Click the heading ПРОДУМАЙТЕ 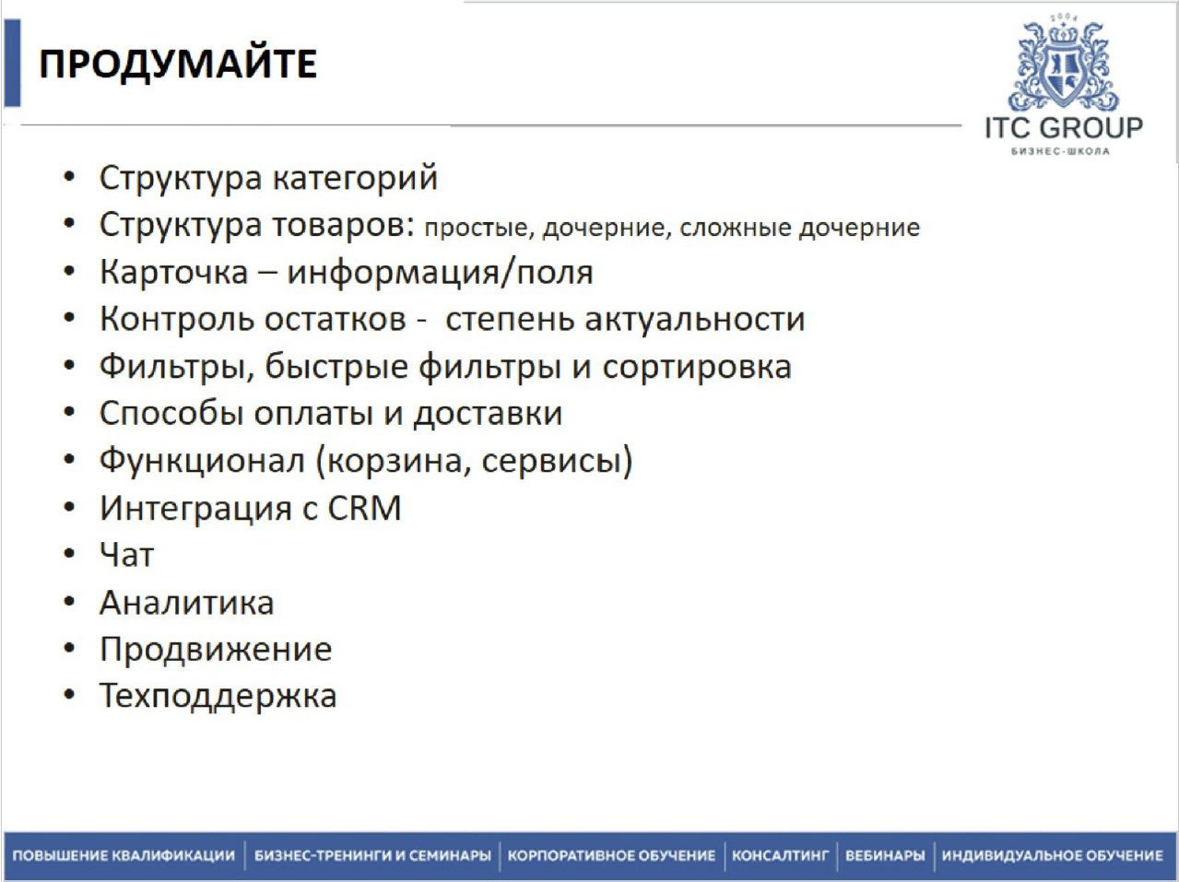[x=178, y=65]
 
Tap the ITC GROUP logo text [x=1064, y=128]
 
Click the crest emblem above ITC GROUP [x=1063, y=63]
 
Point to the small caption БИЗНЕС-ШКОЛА [x=1060, y=151]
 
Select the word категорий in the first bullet [x=355, y=178]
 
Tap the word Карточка [x=174, y=272]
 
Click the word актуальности [x=694, y=319]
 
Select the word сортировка [x=697, y=368]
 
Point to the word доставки [x=488, y=414]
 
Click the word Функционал [x=202, y=461]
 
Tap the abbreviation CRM [x=364, y=507]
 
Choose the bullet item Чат [x=127, y=555]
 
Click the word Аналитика [x=187, y=603]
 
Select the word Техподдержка [x=218, y=697]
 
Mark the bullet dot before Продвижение [x=69, y=648]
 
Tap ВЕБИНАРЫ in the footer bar [x=885, y=855]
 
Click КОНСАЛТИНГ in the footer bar [x=781, y=855]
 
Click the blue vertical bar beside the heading [x=12, y=63]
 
